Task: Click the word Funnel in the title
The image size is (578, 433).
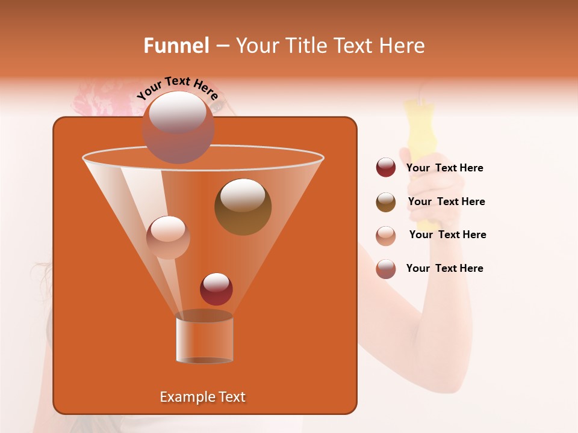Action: click(176, 46)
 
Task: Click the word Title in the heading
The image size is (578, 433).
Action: click(303, 46)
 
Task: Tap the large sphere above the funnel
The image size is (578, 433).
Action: click(178, 127)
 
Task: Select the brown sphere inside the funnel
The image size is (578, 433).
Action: click(243, 206)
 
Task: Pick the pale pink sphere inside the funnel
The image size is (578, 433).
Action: click(168, 237)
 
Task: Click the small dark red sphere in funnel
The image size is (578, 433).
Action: click(216, 289)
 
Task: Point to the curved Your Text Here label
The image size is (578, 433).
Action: click(177, 88)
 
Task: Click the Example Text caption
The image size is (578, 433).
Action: click(202, 397)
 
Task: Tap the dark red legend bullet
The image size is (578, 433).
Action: click(386, 168)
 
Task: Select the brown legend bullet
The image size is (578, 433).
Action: click(386, 202)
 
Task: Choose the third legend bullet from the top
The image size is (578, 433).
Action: click(386, 236)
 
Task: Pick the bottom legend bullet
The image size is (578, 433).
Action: click(386, 269)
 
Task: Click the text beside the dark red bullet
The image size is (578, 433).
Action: click(444, 168)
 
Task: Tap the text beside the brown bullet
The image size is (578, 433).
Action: click(446, 201)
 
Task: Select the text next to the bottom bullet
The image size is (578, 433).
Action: click(444, 268)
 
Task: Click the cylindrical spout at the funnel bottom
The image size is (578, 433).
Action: click(204, 338)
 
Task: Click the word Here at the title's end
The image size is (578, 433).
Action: click(403, 46)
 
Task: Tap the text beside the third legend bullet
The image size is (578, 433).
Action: click(447, 235)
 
